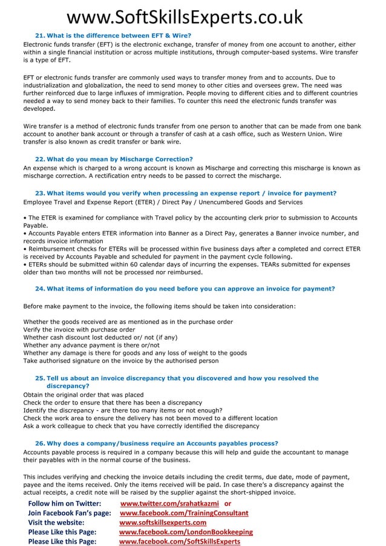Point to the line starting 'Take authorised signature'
(x=121, y=361)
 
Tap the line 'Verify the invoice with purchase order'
(x=79, y=329)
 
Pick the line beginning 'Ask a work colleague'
(x=141, y=426)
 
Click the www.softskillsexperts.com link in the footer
(x=163, y=522)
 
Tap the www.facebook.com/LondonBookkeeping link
(x=186, y=532)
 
